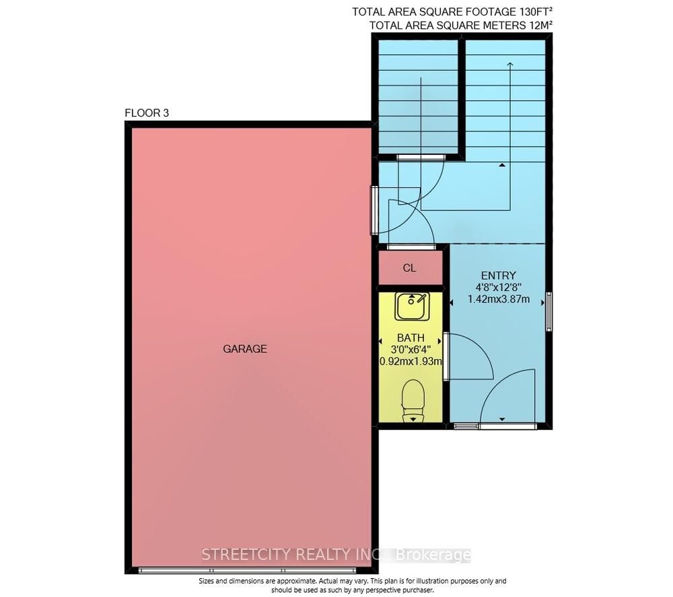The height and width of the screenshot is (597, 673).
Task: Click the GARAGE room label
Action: (245, 349)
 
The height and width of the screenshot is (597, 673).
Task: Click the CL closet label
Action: (410, 268)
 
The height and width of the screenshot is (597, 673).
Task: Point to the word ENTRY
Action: (498, 276)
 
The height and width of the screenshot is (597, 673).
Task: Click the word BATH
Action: (410, 338)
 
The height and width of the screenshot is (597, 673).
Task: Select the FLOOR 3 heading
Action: (147, 113)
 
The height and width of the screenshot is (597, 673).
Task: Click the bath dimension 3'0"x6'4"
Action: (410, 349)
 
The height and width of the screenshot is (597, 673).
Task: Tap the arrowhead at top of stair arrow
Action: (509, 64)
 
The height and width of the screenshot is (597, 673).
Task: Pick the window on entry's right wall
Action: (549, 312)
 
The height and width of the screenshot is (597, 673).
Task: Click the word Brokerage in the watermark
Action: (434, 555)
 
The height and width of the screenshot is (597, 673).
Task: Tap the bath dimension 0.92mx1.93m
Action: (410, 361)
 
